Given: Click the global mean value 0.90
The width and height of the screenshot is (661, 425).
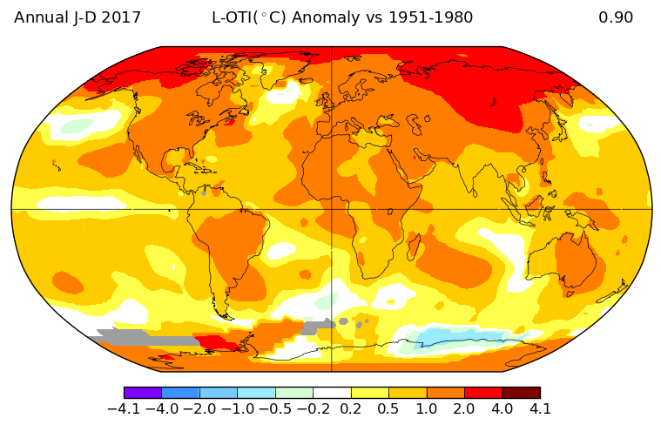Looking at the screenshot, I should (x=616, y=17).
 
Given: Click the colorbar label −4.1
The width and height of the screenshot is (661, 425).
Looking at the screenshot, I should (x=124, y=408).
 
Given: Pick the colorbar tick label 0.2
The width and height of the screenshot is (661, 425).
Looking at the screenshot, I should (x=351, y=408).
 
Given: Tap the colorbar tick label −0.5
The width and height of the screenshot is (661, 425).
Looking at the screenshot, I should (x=274, y=408).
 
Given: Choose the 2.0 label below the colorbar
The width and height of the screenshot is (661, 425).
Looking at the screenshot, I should (x=464, y=408).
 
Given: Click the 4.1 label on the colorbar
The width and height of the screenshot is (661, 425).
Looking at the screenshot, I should (x=540, y=408).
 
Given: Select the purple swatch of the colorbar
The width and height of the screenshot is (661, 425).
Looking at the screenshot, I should (x=143, y=393).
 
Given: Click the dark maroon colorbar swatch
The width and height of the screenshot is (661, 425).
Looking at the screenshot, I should (x=521, y=393).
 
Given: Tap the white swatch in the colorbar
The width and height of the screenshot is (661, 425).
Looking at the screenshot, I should (x=332, y=393).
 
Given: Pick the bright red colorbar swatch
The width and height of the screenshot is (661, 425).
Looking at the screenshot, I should (x=483, y=393).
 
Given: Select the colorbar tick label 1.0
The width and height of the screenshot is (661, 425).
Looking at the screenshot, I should (x=427, y=408).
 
